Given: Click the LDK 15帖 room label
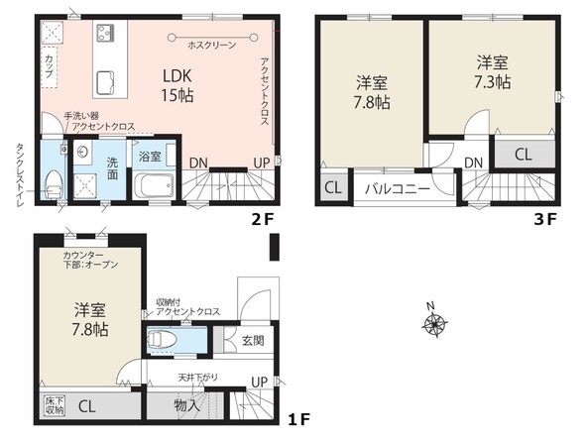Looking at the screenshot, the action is tap(177, 86).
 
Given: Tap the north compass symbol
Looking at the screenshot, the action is tap(434, 321).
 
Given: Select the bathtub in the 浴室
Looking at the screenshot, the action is tap(154, 185).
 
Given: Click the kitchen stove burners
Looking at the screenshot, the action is tap(105, 33).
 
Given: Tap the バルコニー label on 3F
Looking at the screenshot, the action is tap(398, 188).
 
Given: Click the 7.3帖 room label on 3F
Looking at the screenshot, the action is tap(493, 72).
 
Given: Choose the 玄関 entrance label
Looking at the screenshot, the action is tap(253, 340).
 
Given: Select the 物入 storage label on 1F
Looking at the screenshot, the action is tap(187, 405).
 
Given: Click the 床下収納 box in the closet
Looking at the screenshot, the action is tap(55, 405).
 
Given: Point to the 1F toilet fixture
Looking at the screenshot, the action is tap(163, 340).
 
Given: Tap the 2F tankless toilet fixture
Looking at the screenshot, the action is tap(53, 184).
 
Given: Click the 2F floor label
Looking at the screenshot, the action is tap(263, 219).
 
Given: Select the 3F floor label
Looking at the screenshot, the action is tap(545, 219).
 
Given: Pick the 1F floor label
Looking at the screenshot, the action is tap(298, 419).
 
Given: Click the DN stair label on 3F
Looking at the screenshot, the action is tap(473, 163).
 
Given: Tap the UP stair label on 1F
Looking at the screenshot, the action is tap(259, 383).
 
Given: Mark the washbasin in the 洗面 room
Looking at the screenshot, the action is tap(81, 152).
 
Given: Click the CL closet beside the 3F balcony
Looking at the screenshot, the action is tap(333, 187).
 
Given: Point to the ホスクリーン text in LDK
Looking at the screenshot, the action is tap(212, 46).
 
